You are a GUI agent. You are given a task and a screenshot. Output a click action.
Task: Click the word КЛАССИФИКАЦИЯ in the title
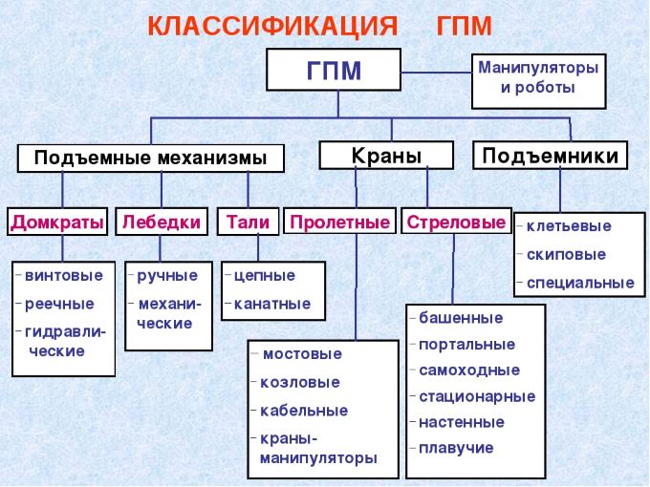272,27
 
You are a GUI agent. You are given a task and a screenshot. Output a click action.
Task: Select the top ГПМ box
334,70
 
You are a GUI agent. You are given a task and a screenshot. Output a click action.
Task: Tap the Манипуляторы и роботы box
538,81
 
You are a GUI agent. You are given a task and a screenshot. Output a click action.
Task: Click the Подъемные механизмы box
150,158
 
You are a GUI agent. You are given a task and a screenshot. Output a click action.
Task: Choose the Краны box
386,156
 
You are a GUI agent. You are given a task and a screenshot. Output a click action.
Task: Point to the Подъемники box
550,156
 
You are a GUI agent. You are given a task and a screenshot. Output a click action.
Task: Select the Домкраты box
57,222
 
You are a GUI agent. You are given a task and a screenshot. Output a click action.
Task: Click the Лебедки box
162,222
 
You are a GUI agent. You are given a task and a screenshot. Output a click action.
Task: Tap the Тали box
248,222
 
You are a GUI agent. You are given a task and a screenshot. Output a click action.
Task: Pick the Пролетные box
339,222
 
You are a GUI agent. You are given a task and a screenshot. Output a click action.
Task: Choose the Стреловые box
456,222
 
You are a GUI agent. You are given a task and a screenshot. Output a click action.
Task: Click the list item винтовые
64,275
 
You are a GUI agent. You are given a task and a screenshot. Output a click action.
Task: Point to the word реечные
59,305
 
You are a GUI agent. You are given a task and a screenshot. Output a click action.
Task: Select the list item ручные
167,276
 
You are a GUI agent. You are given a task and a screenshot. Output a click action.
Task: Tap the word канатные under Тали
272,304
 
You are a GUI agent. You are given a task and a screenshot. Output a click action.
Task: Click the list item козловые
300,382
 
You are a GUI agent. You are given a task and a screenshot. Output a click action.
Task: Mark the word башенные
461,318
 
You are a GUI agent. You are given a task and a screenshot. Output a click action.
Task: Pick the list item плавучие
456,448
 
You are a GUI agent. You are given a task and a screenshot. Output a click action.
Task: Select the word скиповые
566,254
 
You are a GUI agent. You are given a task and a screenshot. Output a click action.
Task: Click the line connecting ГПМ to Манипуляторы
437,73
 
